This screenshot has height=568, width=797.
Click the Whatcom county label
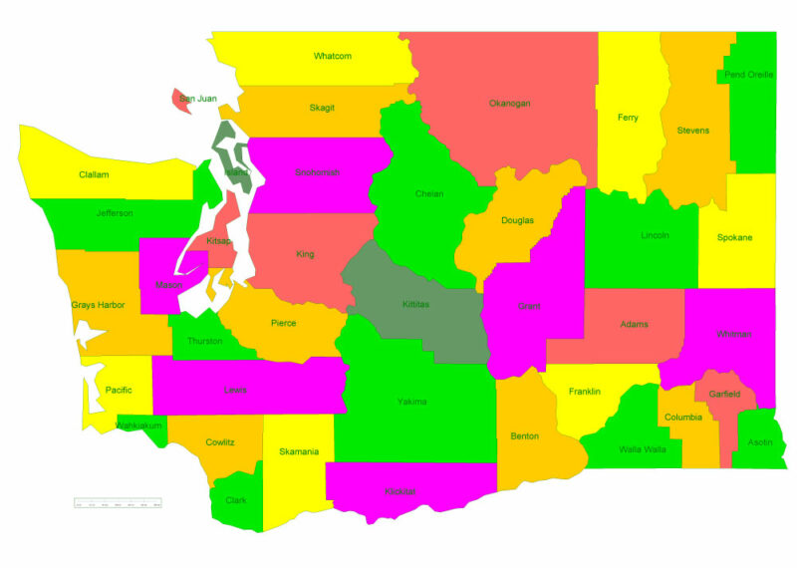point(332,56)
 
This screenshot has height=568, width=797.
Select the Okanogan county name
point(509,103)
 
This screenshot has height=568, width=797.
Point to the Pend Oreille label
point(747,75)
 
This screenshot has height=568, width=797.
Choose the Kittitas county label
point(415,304)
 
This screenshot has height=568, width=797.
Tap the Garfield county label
point(724,395)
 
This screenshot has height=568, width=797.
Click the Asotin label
point(759,441)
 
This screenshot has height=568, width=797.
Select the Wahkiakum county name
point(137,426)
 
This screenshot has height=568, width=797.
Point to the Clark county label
point(235,500)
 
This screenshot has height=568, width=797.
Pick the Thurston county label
point(204,340)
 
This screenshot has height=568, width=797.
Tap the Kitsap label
point(218,241)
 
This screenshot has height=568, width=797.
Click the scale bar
point(118,502)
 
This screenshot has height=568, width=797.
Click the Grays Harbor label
point(98,305)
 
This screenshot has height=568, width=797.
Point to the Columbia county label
point(683,417)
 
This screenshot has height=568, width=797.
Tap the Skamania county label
point(299,452)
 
